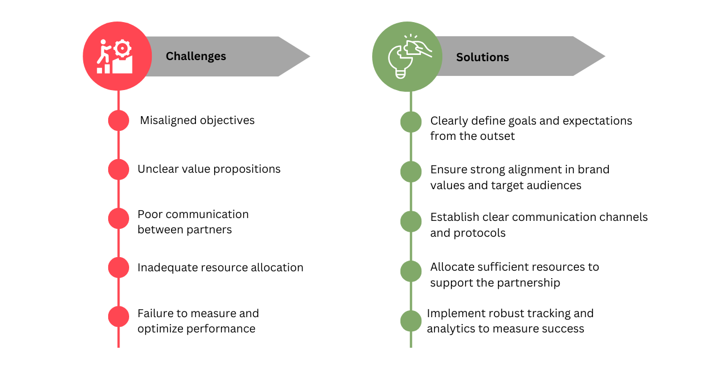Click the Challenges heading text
click(195, 57)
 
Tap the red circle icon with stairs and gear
click(117, 56)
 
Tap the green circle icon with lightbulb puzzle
click(407, 57)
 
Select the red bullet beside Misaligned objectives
click(118, 121)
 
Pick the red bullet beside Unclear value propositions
click(118, 169)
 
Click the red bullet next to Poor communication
click(118, 219)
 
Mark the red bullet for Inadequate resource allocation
click(118, 267)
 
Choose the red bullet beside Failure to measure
click(118, 317)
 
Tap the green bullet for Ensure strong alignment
click(411, 172)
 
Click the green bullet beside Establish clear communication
click(411, 221)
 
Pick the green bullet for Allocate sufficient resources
click(411, 271)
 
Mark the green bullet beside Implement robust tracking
click(411, 321)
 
